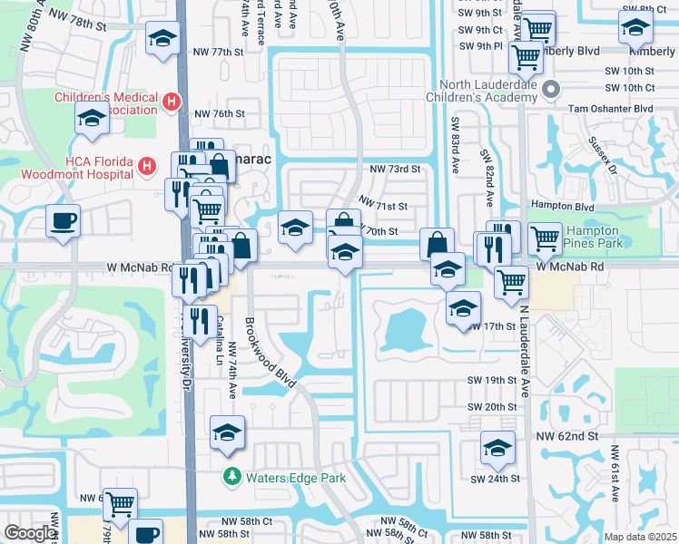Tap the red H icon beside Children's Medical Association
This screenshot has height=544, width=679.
pos(170,102)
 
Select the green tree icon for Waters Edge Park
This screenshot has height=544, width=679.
pos(233,476)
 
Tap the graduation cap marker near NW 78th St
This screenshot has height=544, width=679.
pos(162,38)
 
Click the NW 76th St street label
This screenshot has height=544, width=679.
pos(219,113)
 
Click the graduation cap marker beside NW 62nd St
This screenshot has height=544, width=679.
pos(497,448)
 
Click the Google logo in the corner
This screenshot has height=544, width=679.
pos(30,533)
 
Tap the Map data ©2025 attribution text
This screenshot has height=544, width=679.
pos(640,537)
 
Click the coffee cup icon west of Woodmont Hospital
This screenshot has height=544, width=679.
pos(63,220)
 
